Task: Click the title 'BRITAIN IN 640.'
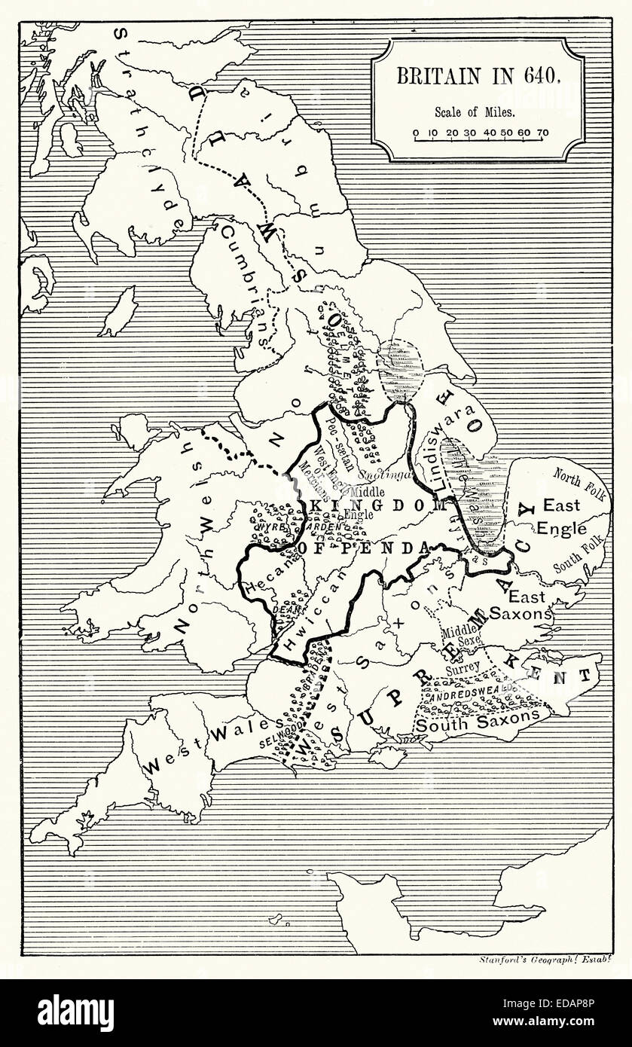pos(477,76)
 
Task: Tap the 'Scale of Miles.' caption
pos(475,112)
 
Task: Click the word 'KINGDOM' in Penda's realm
pos(374,505)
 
